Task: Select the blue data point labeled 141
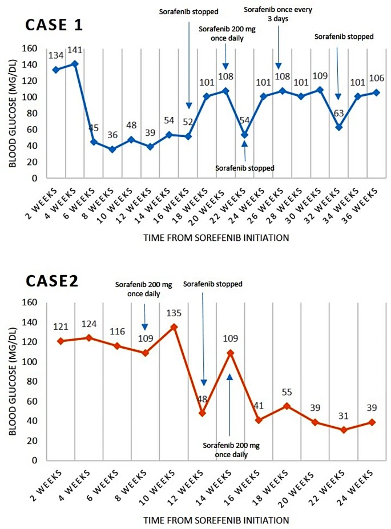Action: click(x=75, y=63)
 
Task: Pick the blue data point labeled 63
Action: click(x=338, y=127)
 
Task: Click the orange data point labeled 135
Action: click(x=174, y=327)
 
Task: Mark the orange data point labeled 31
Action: click(x=344, y=430)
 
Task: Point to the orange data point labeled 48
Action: click(x=202, y=413)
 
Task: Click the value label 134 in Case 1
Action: click(x=56, y=55)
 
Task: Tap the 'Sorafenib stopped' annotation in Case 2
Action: click(x=212, y=284)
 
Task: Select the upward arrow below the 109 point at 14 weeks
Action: click(x=230, y=403)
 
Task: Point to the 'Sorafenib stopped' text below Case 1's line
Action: click(x=245, y=168)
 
